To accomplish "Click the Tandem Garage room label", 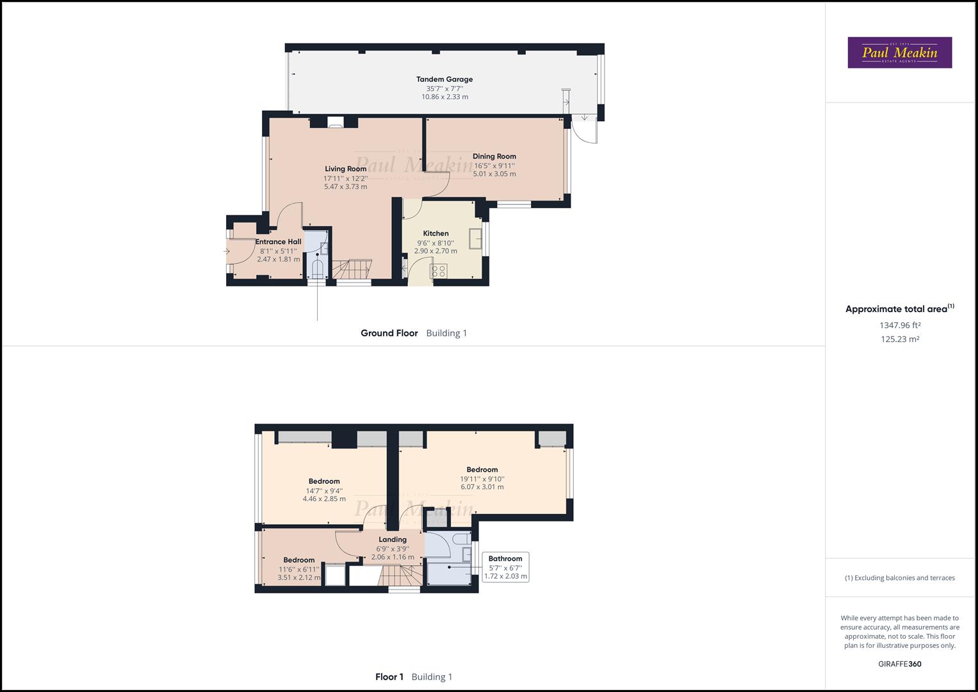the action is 444,79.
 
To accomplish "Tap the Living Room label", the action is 345,169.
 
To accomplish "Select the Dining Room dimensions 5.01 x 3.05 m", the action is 494,174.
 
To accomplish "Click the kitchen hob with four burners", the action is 439,271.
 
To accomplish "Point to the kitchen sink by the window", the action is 475,239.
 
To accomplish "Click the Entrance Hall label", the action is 278,242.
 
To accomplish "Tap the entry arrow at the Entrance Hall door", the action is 227,251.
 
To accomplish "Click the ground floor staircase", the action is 352,268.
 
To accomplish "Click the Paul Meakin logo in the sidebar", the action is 900,53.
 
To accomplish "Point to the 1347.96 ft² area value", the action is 900,325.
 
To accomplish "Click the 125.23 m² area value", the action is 900,339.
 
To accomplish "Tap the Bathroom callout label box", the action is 505,567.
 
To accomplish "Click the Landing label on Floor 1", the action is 393,540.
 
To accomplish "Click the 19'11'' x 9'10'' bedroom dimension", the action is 482,479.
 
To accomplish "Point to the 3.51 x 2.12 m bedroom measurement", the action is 299,577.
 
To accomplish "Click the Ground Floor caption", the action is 389,333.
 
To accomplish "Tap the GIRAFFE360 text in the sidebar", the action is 900,664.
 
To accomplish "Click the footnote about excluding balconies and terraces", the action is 900,578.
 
